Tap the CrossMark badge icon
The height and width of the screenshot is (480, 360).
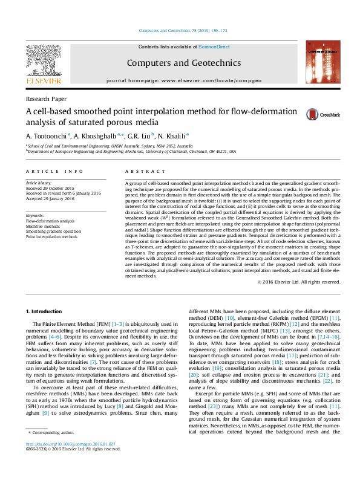[313, 115]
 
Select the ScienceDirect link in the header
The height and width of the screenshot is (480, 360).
[214, 47]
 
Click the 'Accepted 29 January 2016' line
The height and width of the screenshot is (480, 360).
[50, 198]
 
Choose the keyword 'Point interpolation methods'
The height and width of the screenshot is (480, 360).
[51, 237]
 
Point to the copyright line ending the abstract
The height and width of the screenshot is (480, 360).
[299, 282]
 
